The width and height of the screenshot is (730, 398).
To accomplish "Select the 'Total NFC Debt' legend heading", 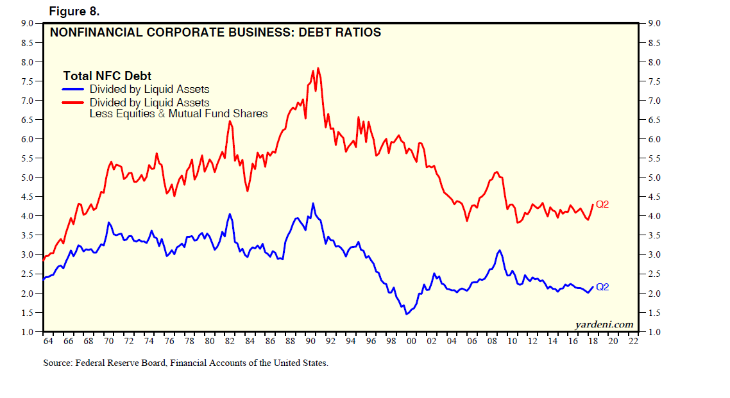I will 107,76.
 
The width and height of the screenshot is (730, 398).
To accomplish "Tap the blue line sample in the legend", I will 74,90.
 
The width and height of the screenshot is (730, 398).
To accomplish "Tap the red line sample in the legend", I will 74,103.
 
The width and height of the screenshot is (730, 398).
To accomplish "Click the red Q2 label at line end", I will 602,204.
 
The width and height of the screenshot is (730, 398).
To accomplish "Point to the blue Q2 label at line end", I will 602,287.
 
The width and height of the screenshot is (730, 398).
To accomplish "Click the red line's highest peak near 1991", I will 318,68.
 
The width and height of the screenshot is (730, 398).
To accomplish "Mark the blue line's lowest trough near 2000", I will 406,314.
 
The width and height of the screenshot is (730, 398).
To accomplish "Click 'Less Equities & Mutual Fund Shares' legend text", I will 178,113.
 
